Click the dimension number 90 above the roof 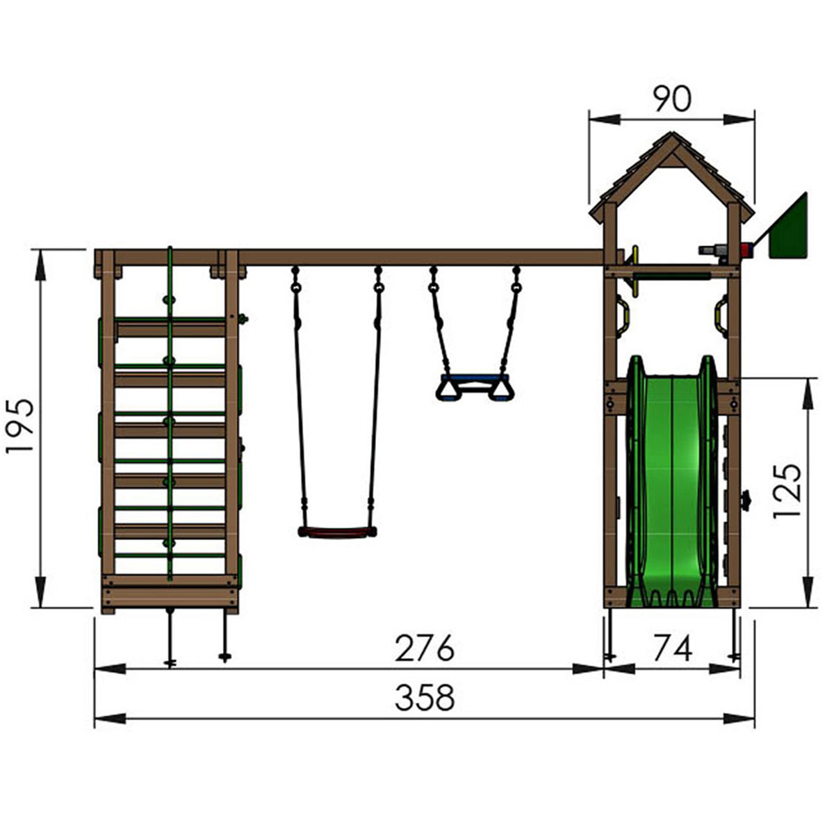click(x=672, y=99)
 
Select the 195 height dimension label click(x=20, y=426)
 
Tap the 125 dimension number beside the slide click(x=786, y=491)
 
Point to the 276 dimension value click(x=425, y=648)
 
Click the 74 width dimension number click(x=672, y=648)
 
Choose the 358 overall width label click(x=425, y=697)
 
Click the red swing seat click(x=337, y=532)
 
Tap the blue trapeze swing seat click(x=475, y=386)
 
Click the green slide click(x=671, y=480)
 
